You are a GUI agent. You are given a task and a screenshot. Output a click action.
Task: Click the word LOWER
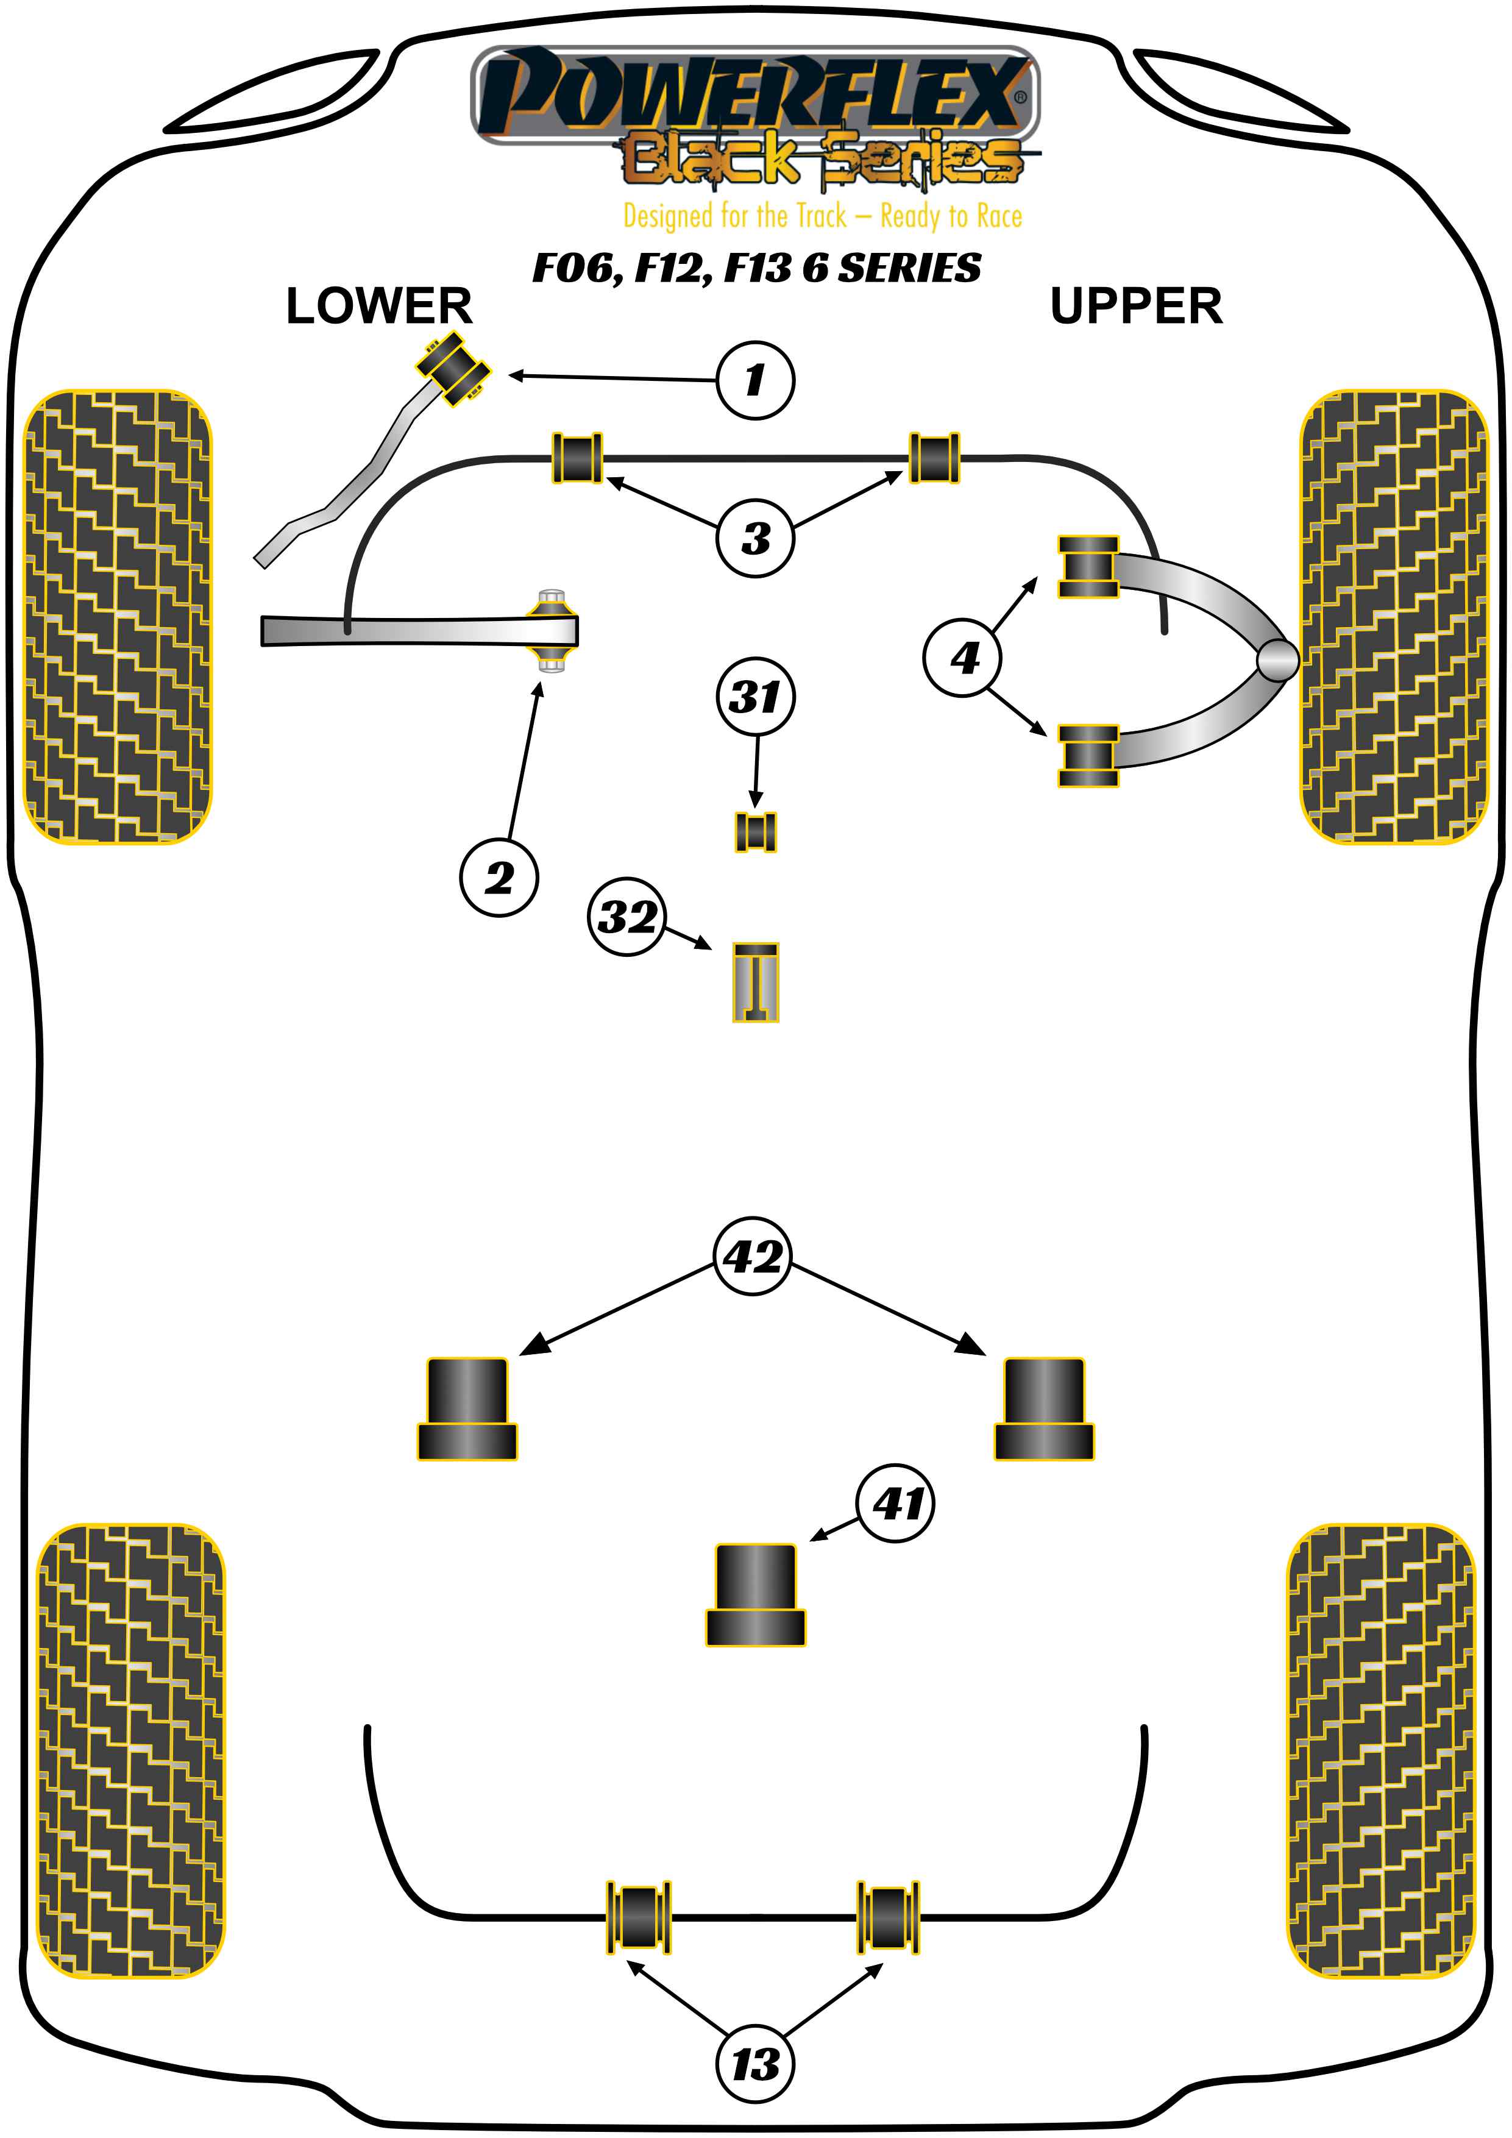click(378, 305)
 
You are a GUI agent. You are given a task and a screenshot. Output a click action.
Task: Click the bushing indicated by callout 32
click(755, 982)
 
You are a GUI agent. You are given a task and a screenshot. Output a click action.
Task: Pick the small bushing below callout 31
click(755, 831)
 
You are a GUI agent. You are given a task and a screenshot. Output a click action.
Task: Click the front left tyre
click(116, 616)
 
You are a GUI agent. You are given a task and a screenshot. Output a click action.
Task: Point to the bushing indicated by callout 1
click(453, 368)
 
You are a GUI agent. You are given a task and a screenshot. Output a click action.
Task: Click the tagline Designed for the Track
click(822, 216)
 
